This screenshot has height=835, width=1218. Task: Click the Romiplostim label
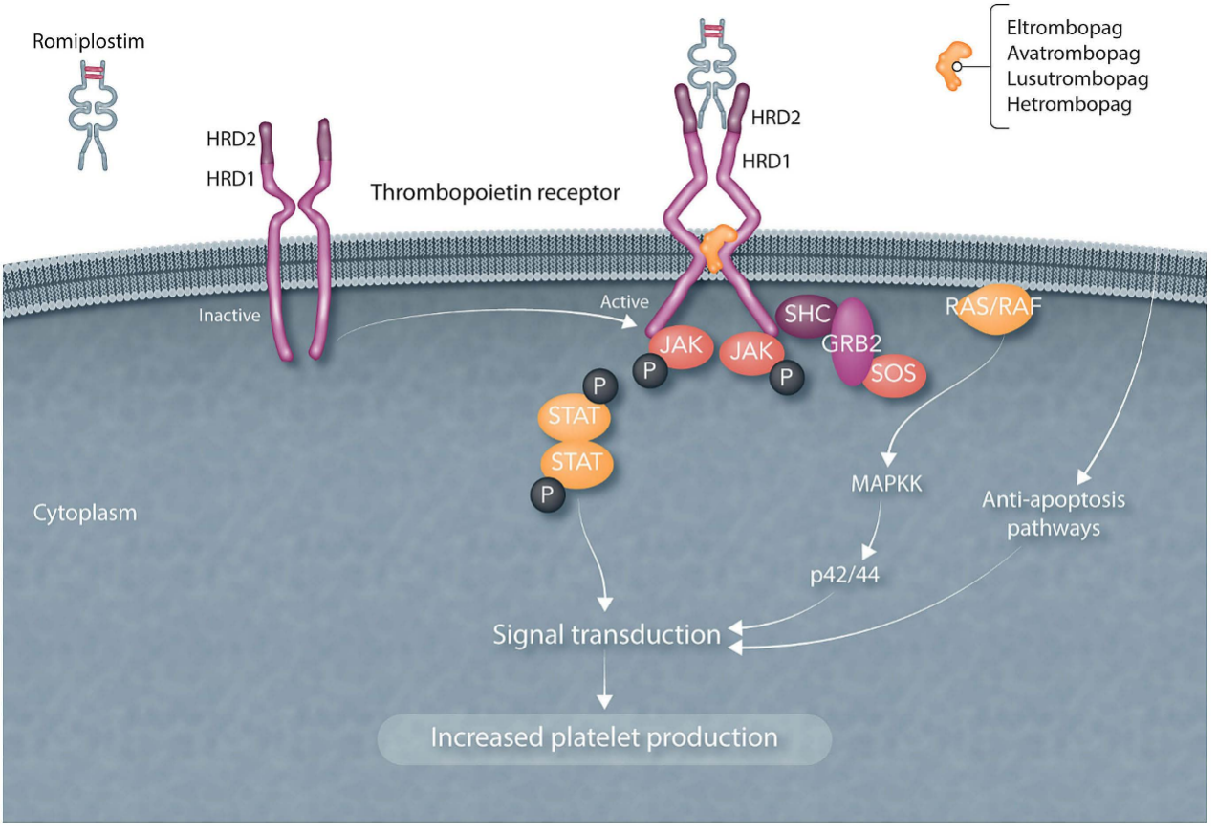click(x=89, y=42)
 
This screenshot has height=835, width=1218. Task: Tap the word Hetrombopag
click(x=1069, y=104)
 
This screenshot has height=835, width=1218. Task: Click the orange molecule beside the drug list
click(x=954, y=65)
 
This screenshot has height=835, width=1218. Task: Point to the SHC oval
click(x=807, y=315)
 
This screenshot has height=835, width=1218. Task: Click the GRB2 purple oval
click(x=852, y=341)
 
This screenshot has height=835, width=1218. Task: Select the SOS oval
click(x=893, y=374)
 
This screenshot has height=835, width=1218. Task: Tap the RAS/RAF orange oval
click(x=993, y=308)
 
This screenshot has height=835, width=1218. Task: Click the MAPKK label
click(x=886, y=484)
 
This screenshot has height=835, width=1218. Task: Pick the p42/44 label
click(x=844, y=575)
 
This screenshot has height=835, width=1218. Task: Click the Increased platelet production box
click(x=604, y=738)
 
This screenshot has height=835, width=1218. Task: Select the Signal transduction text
click(x=606, y=635)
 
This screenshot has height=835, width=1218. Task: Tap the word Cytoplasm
click(x=85, y=513)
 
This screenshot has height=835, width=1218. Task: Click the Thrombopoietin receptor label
click(x=495, y=192)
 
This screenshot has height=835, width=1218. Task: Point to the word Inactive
click(x=228, y=316)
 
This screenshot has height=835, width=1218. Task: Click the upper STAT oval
click(x=574, y=417)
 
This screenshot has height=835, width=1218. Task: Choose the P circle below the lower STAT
click(x=548, y=494)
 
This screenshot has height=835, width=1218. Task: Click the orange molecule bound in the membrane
click(x=717, y=247)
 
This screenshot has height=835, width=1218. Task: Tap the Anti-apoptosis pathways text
click(x=1054, y=514)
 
